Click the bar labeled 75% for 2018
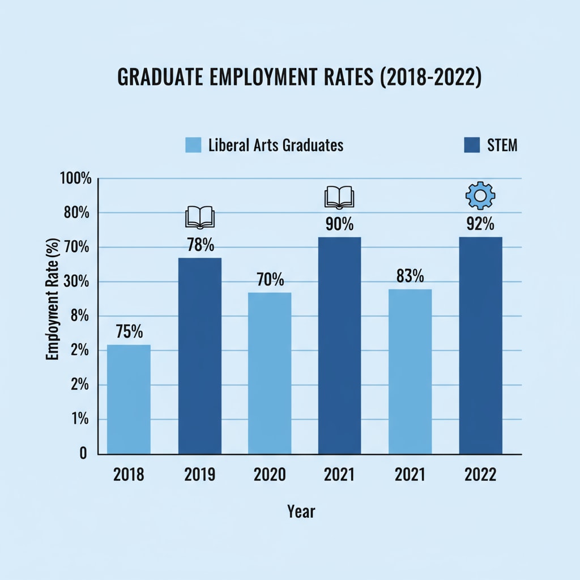click(x=129, y=399)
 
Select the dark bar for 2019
click(x=199, y=356)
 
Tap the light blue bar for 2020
click(x=270, y=373)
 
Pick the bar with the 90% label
click(x=339, y=346)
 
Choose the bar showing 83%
click(x=410, y=371)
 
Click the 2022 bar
click(x=480, y=346)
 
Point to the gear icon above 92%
click(x=480, y=195)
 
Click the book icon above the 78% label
click(x=200, y=217)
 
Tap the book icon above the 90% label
click(x=339, y=198)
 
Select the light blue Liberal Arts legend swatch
click(x=193, y=146)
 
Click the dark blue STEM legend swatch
click(x=471, y=146)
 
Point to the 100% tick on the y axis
click(x=75, y=178)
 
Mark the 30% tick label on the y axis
click(x=76, y=282)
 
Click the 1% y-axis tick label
click(x=80, y=420)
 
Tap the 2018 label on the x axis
click(x=129, y=475)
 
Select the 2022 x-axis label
click(x=480, y=475)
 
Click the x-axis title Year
click(x=301, y=511)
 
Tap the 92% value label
click(x=480, y=224)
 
